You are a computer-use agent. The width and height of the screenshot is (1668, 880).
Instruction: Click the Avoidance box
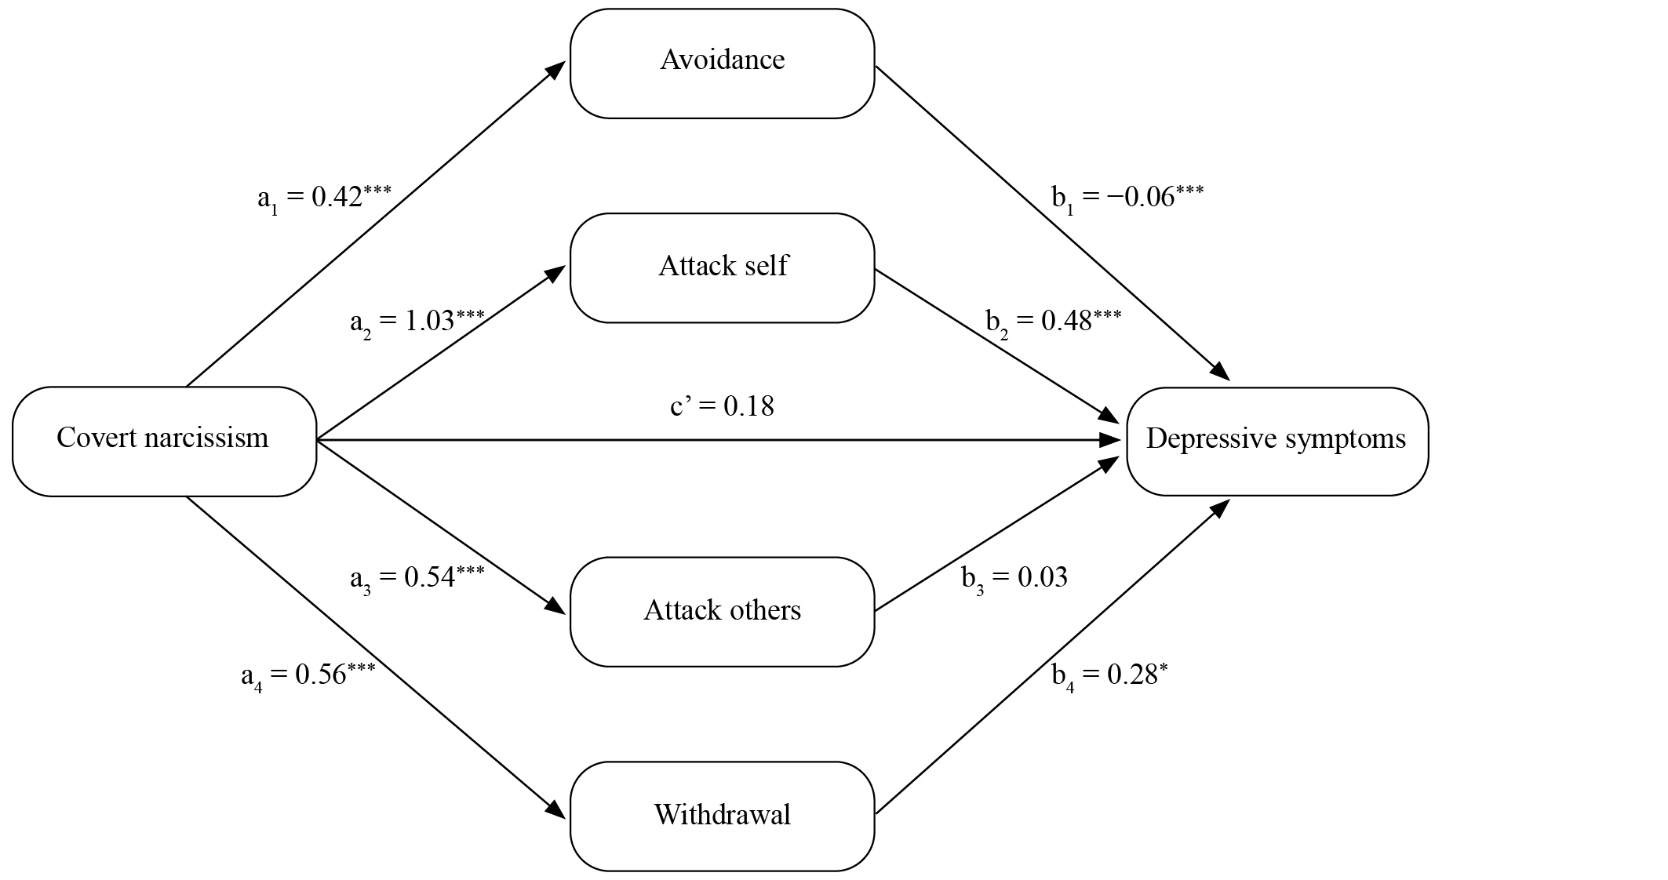pos(722,64)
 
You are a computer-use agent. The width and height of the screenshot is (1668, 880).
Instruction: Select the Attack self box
pos(722,267)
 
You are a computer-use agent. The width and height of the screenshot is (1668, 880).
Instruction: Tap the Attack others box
pos(722,612)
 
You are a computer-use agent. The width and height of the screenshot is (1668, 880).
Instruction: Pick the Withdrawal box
pos(722,816)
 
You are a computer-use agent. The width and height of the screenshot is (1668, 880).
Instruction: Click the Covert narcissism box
pos(164,442)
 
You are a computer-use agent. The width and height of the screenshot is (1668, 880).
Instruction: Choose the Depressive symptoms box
pos(1277,442)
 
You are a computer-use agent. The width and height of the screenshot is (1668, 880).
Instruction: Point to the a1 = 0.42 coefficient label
pos(324,198)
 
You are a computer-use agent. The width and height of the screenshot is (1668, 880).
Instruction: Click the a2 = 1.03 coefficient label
pos(417,322)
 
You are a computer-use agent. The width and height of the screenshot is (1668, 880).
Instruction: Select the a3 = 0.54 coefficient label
pos(417,578)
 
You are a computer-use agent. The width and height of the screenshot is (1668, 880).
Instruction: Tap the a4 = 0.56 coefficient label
pos(308,675)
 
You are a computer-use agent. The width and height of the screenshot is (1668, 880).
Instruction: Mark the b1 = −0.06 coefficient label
pos(1127,198)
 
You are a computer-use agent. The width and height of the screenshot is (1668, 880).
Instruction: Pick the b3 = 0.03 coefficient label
pos(1014,579)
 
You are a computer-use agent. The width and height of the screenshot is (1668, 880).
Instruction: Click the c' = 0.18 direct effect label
pos(722,406)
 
